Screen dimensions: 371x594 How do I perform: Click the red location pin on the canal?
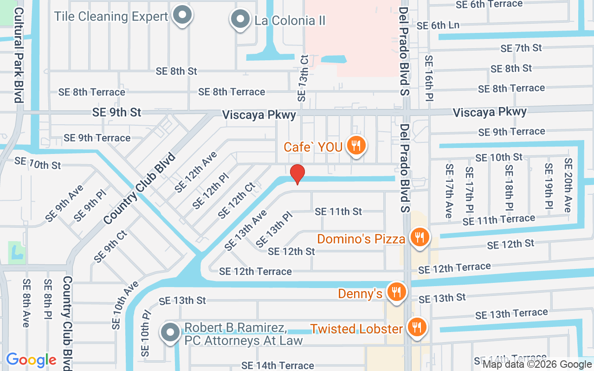297,174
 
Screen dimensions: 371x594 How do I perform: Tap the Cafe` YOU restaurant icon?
356,146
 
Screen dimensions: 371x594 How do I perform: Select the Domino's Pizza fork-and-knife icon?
420,237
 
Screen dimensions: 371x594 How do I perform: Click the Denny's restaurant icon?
396,292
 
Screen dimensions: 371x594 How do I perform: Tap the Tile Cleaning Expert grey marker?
183,15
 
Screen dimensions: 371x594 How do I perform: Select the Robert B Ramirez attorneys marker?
170,332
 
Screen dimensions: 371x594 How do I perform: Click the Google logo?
31,360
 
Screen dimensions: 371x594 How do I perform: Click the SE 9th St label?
116,112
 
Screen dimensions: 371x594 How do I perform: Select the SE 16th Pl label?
429,78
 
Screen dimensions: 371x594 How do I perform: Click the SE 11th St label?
338,211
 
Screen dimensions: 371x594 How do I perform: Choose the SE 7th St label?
521,48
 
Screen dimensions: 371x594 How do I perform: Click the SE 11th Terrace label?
499,220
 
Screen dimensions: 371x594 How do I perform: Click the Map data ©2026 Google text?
537,364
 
